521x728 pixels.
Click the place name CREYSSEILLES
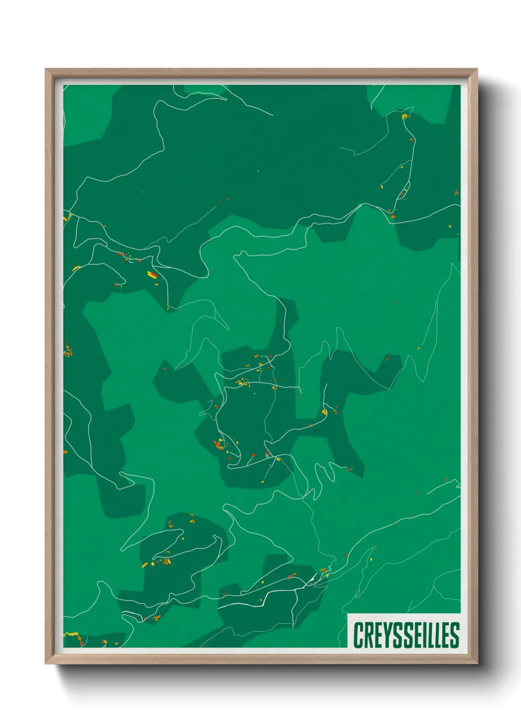(x=406, y=635)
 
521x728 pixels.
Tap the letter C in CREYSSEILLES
(x=358, y=635)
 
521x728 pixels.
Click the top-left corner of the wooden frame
(x=46, y=69)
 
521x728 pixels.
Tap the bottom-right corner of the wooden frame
(x=477, y=664)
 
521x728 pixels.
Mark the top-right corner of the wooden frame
(x=477, y=69)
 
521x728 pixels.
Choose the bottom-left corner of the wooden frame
(x=46, y=664)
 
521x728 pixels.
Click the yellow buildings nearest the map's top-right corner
(x=405, y=117)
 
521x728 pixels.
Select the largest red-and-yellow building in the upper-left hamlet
(x=153, y=274)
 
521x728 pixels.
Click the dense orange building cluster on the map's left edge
(x=68, y=351)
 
